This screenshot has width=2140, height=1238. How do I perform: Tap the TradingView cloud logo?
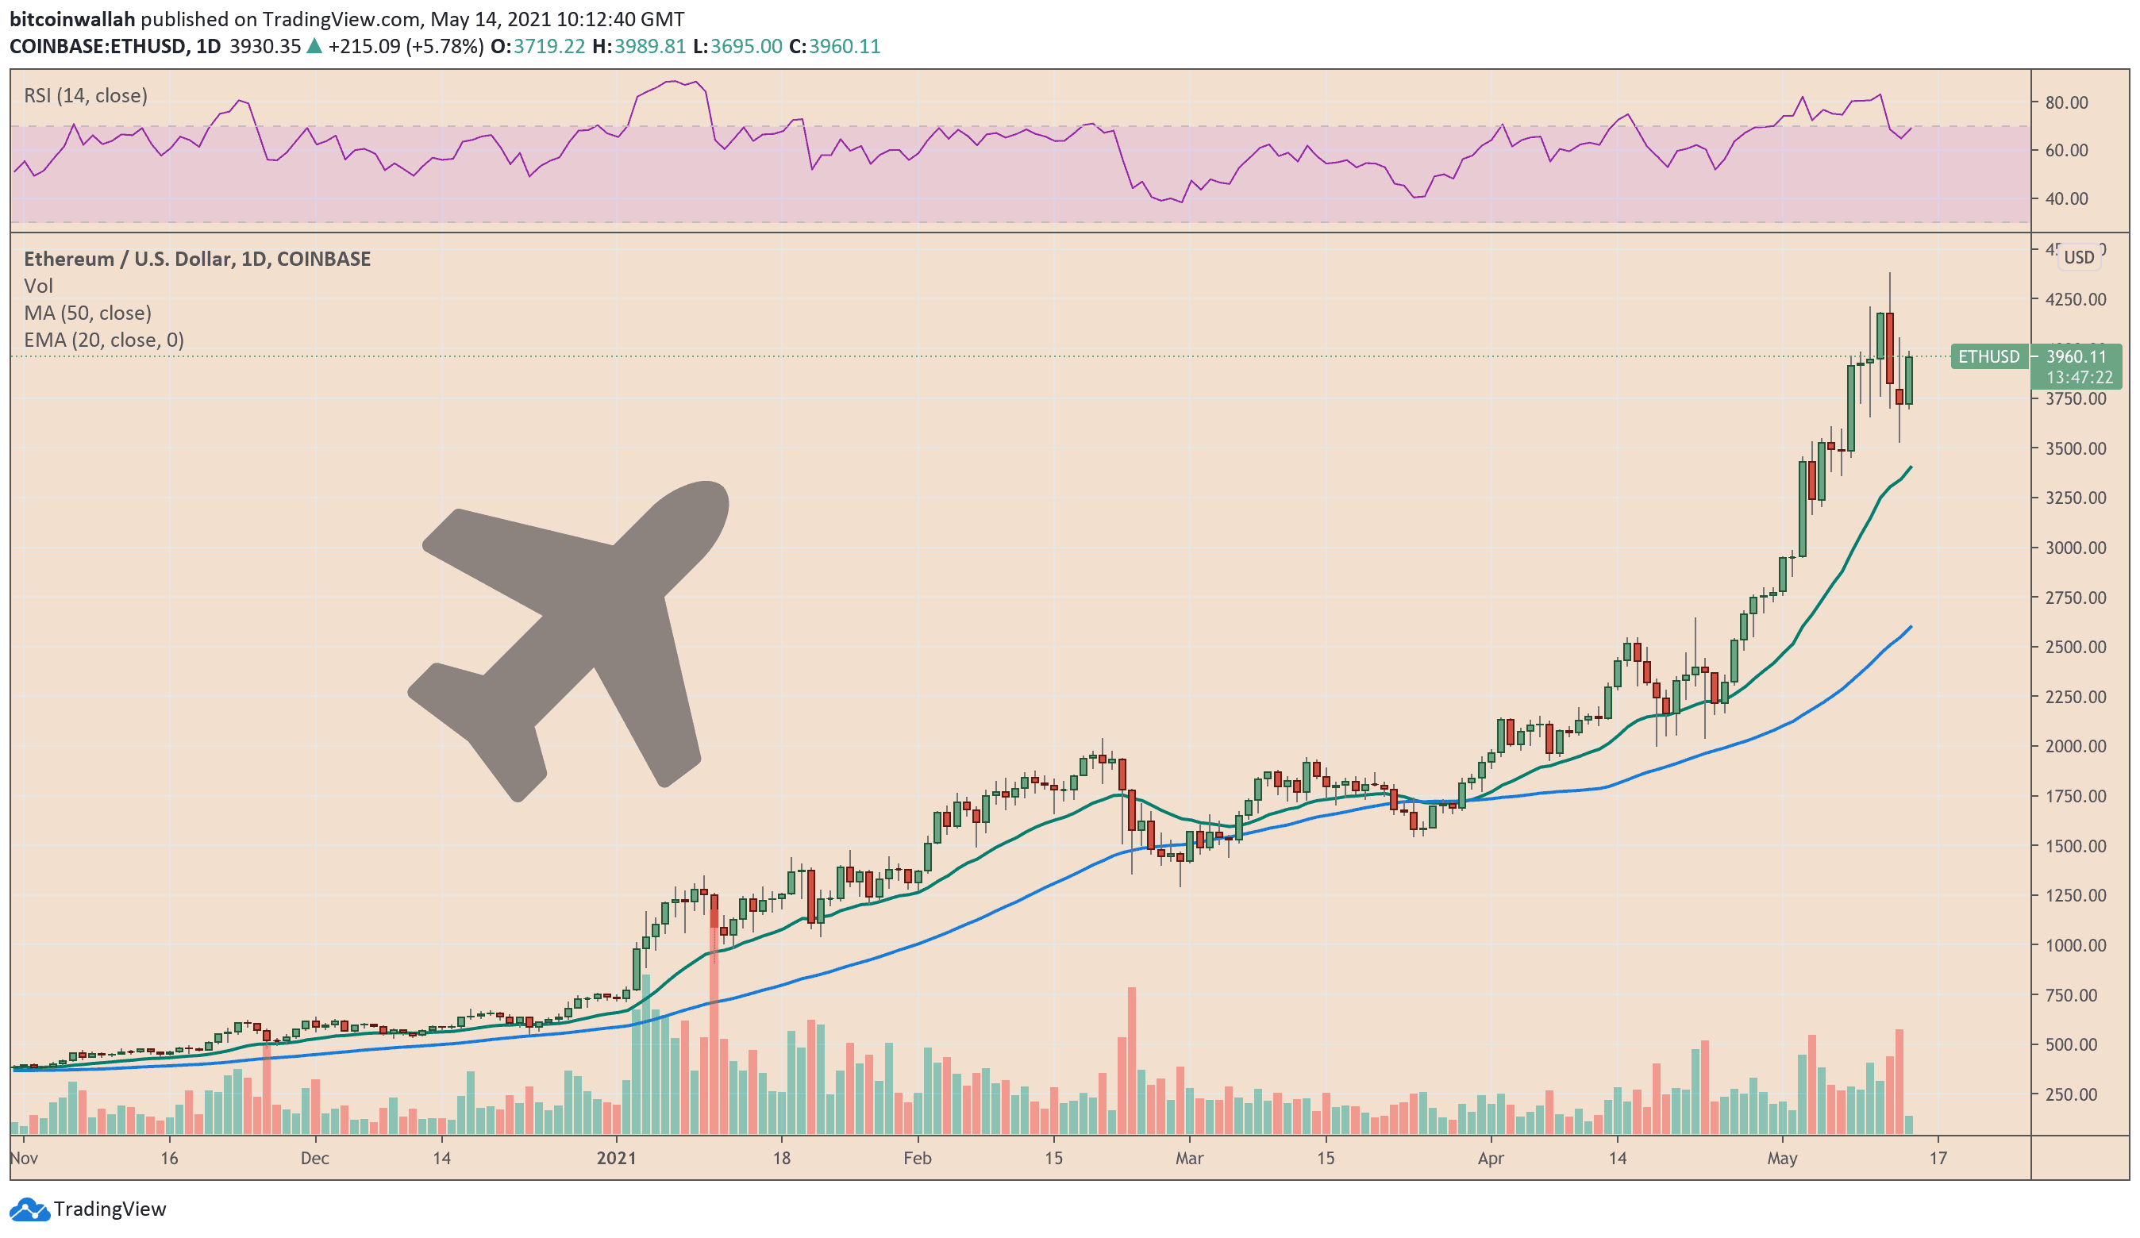(29, 1209)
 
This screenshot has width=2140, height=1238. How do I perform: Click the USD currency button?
(2079, 257)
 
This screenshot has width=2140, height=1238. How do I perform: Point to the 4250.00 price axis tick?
(2076, 300)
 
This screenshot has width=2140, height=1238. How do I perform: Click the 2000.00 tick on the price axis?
(2076, 746)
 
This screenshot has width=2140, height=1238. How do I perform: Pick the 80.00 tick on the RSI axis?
(2066, 102)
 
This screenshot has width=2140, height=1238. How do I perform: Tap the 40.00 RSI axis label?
(2066, 198)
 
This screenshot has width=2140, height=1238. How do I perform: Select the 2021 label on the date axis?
(616, 1158)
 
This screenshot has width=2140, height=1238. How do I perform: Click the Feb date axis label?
(917, 1158)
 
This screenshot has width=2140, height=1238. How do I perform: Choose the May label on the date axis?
(1782, 1158)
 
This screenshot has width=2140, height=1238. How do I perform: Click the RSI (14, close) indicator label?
(86, 95)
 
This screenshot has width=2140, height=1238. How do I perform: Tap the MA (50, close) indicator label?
(87, 313)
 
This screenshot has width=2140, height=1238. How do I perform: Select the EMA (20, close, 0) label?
(104, 340)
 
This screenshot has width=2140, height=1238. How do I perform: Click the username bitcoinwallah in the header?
(72, 19)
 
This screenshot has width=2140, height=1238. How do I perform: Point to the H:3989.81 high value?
(639, 46)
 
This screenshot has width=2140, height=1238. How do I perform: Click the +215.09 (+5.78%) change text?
(406, 46)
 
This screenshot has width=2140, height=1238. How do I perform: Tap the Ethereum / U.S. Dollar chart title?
(197, 259)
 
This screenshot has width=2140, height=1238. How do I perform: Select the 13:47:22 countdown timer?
(2078, 377)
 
